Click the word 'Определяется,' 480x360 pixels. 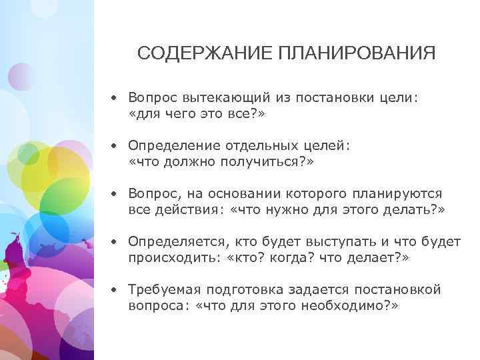[x=171, y=241]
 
